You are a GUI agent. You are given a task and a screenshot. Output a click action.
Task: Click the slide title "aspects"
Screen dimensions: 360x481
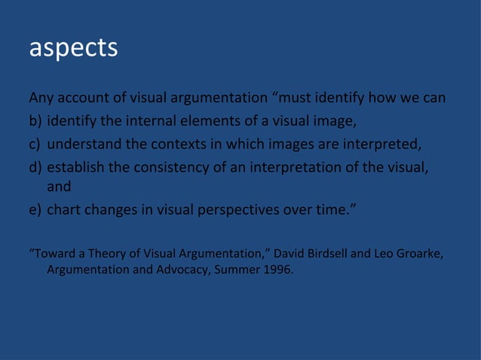click(73, 47)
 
